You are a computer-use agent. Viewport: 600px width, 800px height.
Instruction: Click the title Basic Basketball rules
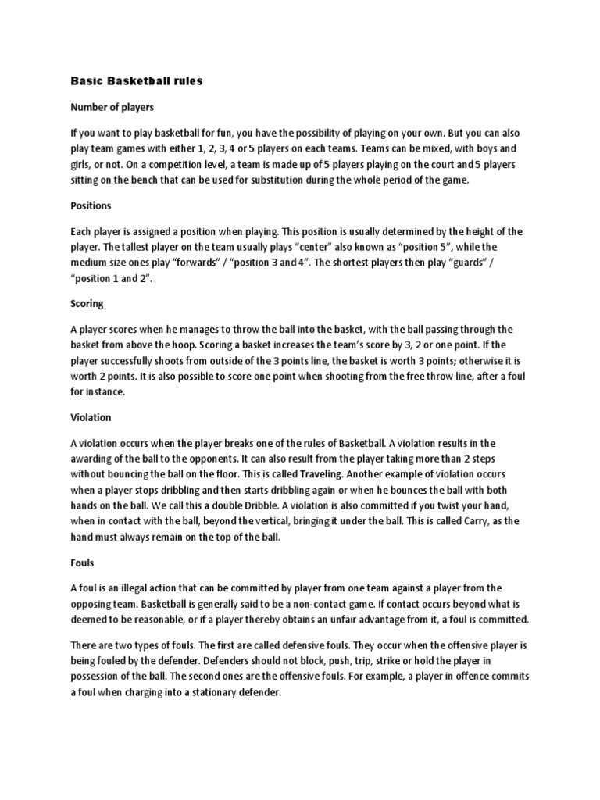(137, 81)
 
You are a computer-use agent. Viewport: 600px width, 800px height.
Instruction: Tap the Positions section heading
(91, 205)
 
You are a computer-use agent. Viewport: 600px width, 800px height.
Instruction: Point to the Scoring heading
(87, 303)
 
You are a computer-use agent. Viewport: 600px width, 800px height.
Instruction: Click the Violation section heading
(91, 417)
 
